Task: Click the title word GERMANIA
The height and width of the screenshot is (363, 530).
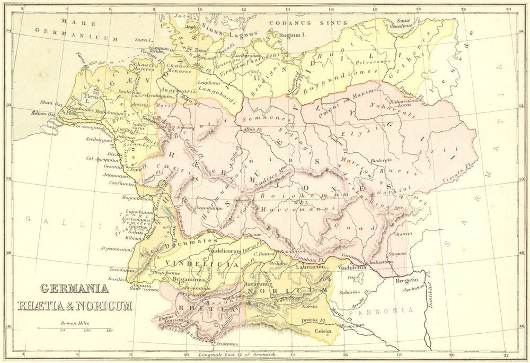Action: tap(74, 289)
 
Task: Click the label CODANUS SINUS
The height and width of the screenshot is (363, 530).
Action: tap(308, 23)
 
